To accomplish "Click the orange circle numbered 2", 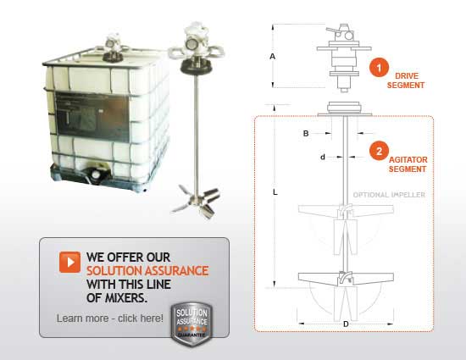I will [381, 152].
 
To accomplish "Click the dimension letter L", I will [275, 193].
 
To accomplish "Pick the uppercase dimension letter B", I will [306, 133].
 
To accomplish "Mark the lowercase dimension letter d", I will [322, 157].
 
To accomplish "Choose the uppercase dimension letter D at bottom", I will [345, 324].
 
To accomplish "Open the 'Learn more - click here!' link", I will [109, 318].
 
